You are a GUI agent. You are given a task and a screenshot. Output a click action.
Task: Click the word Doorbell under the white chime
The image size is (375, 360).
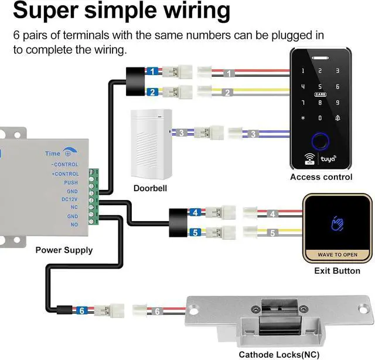(x=150, y=188)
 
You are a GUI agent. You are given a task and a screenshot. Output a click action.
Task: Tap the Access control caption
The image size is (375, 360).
(x=321, y=176)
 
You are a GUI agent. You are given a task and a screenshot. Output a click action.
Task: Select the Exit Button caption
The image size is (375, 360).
(x=337, y=271)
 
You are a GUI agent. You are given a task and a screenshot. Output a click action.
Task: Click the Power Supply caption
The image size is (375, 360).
(x=64, y=250)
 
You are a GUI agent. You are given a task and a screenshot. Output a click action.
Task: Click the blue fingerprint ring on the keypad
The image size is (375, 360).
(x=321, y=141)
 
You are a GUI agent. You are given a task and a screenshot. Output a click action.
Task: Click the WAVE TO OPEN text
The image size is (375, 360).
(x=337, y=255)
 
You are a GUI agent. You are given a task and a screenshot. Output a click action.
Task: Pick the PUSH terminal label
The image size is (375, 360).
(x=71, y=182)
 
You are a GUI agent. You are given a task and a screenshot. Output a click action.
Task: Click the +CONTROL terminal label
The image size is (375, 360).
(x=65, y=174)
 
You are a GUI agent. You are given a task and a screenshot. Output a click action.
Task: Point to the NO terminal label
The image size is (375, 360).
(x=74, y=225)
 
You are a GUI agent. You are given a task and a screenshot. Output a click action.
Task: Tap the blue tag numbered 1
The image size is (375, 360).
(x=152, y=72)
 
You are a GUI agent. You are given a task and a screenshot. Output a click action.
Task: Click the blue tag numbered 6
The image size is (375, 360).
(x=83, y=310)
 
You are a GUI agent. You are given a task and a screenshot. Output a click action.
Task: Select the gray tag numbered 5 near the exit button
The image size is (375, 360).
(x=272, y=233)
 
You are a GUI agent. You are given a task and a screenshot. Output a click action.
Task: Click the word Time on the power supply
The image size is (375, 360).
(x=53, y=154)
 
